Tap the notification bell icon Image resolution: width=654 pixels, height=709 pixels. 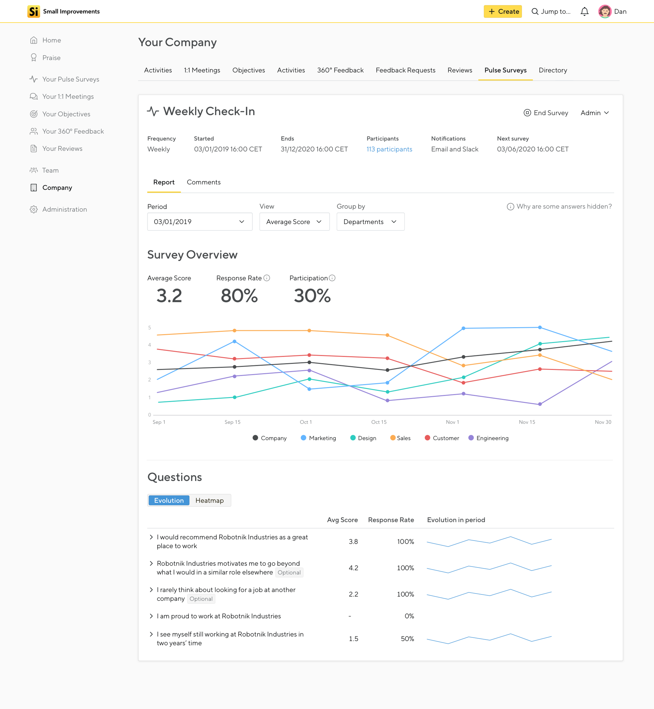coord(584,11)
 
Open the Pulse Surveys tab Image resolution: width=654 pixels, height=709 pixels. coord(505,70)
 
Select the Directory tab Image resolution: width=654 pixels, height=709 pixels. coord(552,70)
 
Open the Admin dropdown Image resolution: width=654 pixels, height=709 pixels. coord(595,113)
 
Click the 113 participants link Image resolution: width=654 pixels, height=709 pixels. coord(389,149)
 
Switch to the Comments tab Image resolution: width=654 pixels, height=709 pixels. coord(203,182)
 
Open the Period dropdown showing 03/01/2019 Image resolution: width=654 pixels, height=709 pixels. coord(200,222)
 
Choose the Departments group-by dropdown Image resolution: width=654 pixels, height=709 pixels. coord(370,222)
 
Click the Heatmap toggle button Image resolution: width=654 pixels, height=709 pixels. coord(210,500)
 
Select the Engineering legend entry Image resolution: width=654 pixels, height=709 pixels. coord(488,438)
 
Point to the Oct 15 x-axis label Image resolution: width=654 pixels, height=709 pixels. coord(379,422)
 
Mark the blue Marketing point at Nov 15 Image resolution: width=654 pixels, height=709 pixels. coord(540,327)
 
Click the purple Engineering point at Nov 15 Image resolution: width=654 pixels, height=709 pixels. coord(540,404)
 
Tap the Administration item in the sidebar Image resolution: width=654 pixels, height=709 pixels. coord(64,209)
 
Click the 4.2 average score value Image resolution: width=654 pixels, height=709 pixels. coord(353,568)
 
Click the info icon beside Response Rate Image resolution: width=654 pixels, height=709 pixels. coord(267,278)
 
